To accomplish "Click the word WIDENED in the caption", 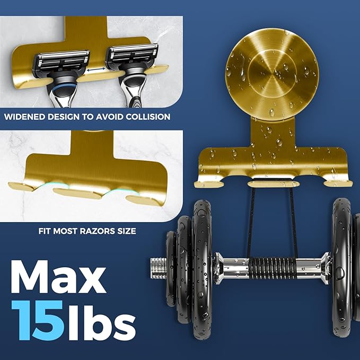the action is (24, 117).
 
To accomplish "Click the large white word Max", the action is (58, 277).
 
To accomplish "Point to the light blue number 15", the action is (38, 320).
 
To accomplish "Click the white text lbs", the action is (101, 320).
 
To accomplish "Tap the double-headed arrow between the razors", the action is (96, 69).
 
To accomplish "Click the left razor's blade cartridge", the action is (62, 62).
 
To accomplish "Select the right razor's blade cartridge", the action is (132, 55).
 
